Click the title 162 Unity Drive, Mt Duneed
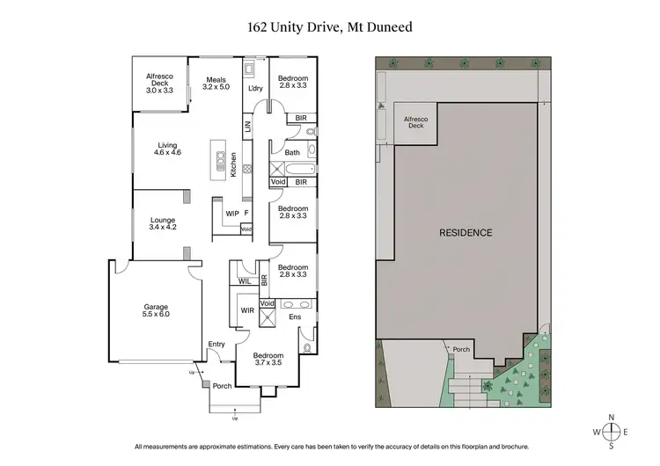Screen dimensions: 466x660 coord(329,27)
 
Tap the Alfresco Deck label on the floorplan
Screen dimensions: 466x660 coord(160,83)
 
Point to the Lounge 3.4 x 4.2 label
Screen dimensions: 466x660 coord(162,223)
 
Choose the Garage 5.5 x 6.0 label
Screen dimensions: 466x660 coord(156,311)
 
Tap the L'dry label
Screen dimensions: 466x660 coord(256,89)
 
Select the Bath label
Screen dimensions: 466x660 coord(292,152)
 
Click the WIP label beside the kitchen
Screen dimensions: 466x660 coord(232,213)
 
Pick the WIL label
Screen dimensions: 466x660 coord(244,281)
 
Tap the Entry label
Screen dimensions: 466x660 coord(216,344)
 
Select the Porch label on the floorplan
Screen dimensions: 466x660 coord(222,385)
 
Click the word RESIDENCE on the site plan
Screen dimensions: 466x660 coord(466,233)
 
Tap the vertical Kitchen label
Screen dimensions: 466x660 coord(234,165)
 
